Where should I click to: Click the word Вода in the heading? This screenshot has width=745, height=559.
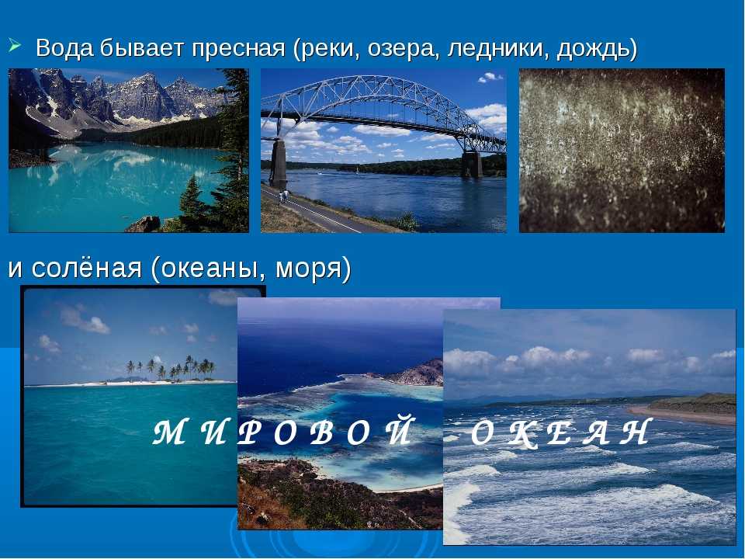pyautogui.click(x=64, y=48)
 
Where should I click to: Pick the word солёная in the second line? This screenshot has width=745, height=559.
pyautogui.click(x=87, y=268)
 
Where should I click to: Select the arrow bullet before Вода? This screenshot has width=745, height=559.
pyautogui.click(x=14, y=46)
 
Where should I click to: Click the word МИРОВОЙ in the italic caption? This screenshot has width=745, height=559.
pyautogui.click(x=284, y=431)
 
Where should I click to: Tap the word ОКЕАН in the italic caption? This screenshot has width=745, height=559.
pyautogui.click(x=560, y=432)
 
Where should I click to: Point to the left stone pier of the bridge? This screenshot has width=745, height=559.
pyautogui.click(x=279, y=164)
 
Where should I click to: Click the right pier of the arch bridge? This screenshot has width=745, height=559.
pyautogui.click(x=472, y=165)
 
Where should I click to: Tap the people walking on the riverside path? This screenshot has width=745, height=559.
pyautogui.click(x=283, y=196)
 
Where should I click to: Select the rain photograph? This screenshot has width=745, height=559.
pyautogui.click(x=622, y=150)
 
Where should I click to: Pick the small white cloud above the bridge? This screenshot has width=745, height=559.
pyautogui.click(x=490, y=77)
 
